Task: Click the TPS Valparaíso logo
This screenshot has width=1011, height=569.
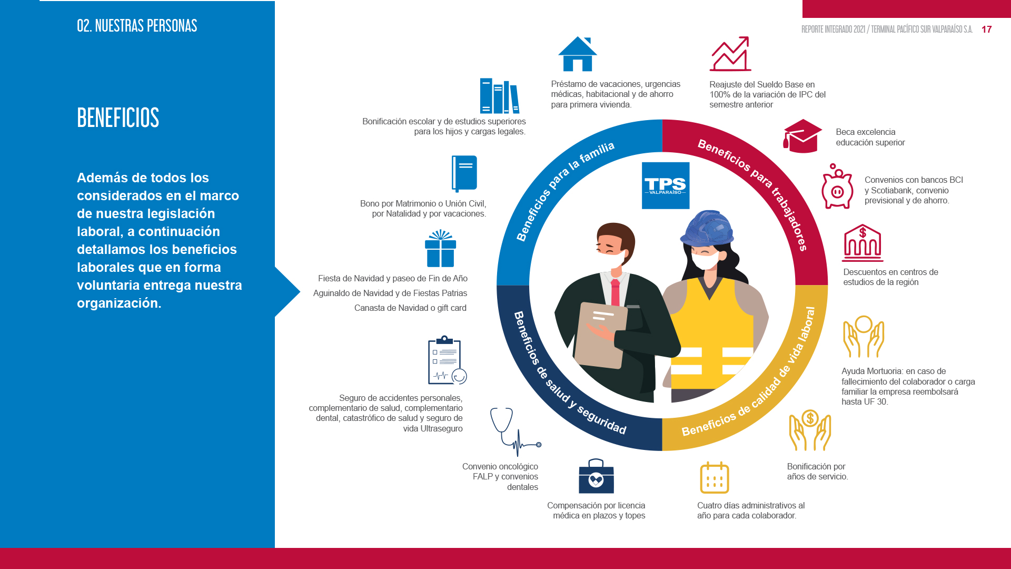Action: tap(666, 185)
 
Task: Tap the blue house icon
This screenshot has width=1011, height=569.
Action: tap(578, 54)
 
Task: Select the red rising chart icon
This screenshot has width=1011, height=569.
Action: tap(730, 54)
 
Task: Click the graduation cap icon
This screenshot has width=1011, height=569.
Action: tap(802, 136)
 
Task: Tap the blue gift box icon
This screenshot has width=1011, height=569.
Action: tap(441, 249)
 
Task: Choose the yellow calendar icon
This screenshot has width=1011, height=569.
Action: tap(715, 477)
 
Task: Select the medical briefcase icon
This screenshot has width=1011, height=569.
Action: tap(596, 476)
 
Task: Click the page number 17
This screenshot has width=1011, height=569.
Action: tap(987, 30)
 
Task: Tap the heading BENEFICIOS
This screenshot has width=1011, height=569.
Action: tap(118, 117)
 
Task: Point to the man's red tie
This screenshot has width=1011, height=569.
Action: tap(615, 293)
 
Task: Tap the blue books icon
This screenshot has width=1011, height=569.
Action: tap(500, 96)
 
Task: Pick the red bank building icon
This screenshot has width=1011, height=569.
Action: tap(863, 243)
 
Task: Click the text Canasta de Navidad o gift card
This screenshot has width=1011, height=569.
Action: tap(410, 308)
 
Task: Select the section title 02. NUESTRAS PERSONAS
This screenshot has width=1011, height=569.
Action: tap(137, 25)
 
